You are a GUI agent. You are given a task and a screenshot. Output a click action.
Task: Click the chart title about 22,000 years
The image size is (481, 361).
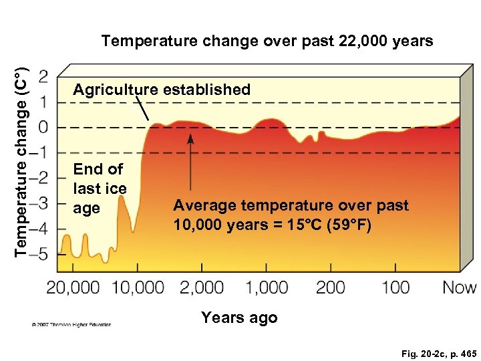(x=267, y=41)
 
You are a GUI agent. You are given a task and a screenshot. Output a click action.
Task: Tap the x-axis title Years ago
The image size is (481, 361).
(x=239, y=318)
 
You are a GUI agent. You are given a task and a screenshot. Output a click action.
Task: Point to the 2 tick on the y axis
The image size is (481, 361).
(x=43, y=76)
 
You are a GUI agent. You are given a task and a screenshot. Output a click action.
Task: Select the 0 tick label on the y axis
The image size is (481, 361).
(x=43, y=127)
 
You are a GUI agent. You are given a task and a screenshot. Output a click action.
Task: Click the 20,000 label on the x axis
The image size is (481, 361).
(x=73, y=288)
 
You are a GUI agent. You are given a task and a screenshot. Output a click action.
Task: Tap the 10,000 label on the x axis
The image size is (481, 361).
(x=138, y=288)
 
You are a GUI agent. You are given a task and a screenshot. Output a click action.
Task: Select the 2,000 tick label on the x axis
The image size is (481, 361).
(x=202, y=288)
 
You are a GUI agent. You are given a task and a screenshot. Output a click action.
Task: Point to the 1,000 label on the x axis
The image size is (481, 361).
(x=266, y=288)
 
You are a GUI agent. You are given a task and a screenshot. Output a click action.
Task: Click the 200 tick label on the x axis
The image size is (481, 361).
(x=330, y=288)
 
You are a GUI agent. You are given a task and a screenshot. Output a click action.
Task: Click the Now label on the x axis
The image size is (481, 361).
(x=460, y=288)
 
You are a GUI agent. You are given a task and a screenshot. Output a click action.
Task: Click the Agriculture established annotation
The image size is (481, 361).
(x=162, y=90)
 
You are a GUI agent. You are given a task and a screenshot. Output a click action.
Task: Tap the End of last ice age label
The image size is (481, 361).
(x=100, y=189)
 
